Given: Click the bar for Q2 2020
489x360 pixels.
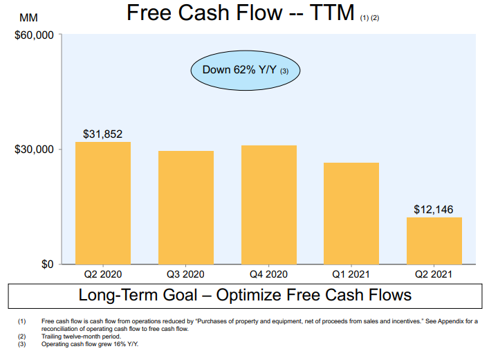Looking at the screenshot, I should [x=102, y=203].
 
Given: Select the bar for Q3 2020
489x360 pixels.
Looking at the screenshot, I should [x=185, y=207].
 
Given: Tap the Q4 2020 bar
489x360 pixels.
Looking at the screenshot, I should [x=268, y=204].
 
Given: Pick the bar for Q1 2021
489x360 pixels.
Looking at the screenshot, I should [x=351, y=213].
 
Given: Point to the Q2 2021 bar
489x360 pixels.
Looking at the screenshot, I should [x=434, y=240].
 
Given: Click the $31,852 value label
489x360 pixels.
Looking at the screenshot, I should [x=102, y=134].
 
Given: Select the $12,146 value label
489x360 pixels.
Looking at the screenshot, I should [x=434, y=208].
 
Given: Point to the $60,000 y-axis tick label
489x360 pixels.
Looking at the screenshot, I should [x=34, y=35].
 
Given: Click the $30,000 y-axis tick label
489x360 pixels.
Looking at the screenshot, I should [x=34, y=150].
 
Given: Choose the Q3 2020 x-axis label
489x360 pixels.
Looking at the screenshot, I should [x=185, y=274].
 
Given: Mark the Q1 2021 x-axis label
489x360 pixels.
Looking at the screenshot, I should [x=351, y=274].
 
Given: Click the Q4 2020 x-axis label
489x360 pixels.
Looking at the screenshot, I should [x=268, y=274].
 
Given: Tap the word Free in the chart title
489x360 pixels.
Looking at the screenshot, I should [x=151, y=13].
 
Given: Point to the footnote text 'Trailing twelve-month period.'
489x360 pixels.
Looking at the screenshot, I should [x=81, y=336].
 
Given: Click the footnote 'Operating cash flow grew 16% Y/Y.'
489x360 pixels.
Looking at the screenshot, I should [x=90, y=344].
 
